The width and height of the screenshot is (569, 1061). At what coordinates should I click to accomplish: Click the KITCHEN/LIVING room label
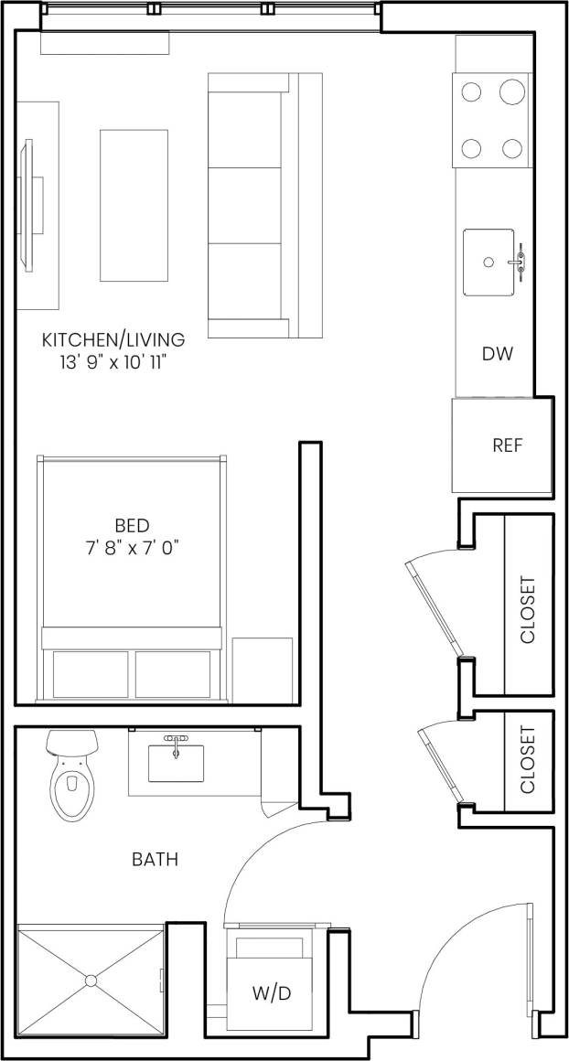(x=113, y=340)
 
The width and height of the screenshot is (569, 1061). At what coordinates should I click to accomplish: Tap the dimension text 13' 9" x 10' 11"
(x=113, y=362)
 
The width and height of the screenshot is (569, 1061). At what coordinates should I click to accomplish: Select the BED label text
(x=132, y=526)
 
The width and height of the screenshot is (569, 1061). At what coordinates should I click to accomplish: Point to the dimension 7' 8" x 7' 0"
(x=132, y=549)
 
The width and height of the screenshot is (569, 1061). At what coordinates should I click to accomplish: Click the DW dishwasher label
(x=498, y=354)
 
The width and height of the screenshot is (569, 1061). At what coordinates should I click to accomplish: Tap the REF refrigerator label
(x=507, y=446)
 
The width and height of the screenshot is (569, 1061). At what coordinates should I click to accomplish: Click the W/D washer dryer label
(x=272, y=993)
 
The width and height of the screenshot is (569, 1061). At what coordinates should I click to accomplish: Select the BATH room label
(x=155, y=860)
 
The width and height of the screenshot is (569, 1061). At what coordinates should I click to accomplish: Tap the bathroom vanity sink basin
(x=176, y=764)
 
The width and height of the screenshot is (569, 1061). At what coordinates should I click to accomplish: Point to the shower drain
(x=91, y=981)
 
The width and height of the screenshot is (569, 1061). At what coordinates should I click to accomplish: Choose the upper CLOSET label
(x=528, y=610)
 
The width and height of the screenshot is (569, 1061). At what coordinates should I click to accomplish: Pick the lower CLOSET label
(x=528, y=760)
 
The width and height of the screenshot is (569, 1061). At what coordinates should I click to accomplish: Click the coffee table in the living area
(x=134, y=205)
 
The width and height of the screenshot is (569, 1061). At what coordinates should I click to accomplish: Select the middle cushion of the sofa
(x=245, y=206)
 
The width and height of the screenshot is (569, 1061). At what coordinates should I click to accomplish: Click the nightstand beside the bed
(x=263, y=670)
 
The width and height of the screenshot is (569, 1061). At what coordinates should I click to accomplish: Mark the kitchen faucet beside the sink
(x=521, y=262)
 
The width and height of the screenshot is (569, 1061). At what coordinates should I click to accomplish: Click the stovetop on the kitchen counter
(x=492, y=120)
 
